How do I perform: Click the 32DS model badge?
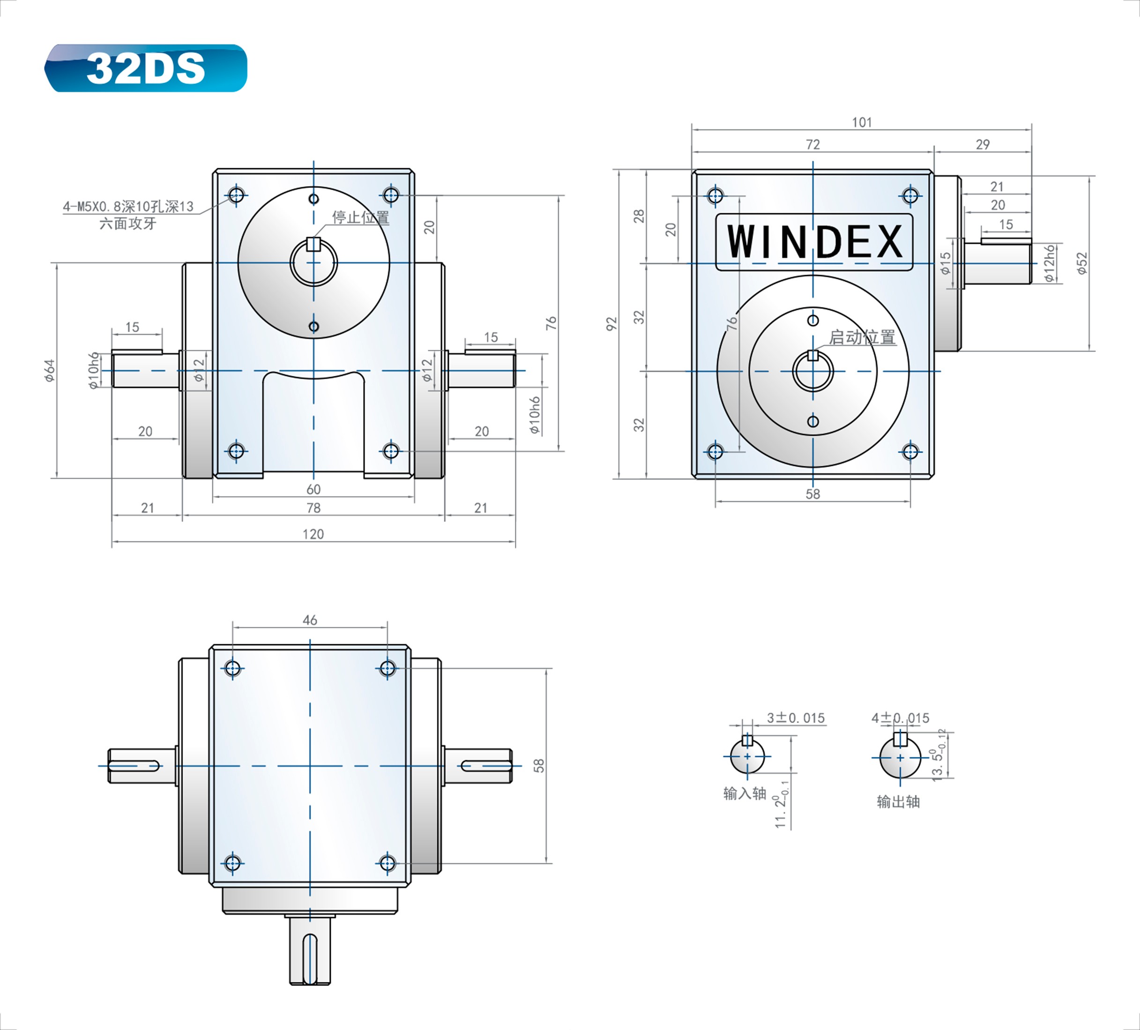pos(146,68)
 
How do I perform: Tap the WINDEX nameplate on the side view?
pos(814,242)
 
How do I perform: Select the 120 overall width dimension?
pos(313,534)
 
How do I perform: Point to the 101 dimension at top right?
pos(862,122)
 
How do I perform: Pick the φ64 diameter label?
pos(50,371)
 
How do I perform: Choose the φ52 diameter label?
pos(1082,263)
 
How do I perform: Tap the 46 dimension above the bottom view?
pos(310,620)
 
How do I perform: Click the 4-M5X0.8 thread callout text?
pos(128,207)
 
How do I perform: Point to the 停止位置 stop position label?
pos(361,217)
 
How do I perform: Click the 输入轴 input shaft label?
pos(745,793)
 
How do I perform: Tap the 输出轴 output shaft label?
pos(899,801)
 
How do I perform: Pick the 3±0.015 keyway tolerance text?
pos(796,718)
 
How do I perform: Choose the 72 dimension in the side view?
pos(812,144)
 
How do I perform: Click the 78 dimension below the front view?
pos(313,508)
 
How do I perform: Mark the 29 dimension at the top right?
pos(983,144)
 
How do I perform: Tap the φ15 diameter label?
pos(945,263)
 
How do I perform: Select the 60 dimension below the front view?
pos(313,489)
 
